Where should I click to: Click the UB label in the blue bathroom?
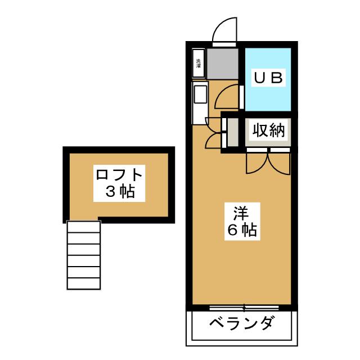tap(268, 78)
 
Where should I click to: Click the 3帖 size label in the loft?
tap(120, 192)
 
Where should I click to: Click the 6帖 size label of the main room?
tap(243, 230)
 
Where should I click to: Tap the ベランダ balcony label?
tap(243, 325)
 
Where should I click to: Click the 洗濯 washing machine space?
tap(199, 64)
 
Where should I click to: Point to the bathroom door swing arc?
tap(228, 96)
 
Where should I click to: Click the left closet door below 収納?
tap(258, 163)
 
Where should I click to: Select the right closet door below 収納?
tap(280, 163)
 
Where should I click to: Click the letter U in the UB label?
tap(260, 78)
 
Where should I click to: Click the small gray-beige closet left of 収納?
tap(232, 132)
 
